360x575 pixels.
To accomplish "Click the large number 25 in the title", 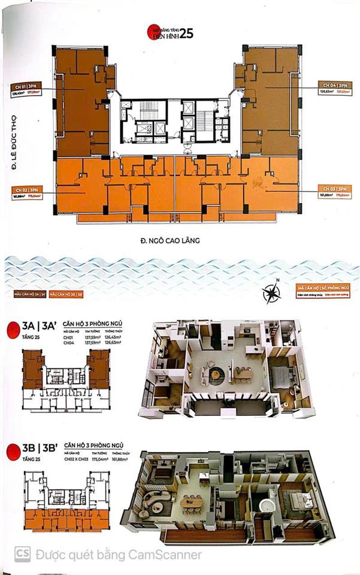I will tap(186, 34).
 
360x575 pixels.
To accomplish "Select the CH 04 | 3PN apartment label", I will tap(335, 85).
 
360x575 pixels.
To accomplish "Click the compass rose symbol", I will tap(272, 293).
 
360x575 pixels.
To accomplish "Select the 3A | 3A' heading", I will tap(36, 328).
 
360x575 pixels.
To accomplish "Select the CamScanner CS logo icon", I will tap(23, 554).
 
